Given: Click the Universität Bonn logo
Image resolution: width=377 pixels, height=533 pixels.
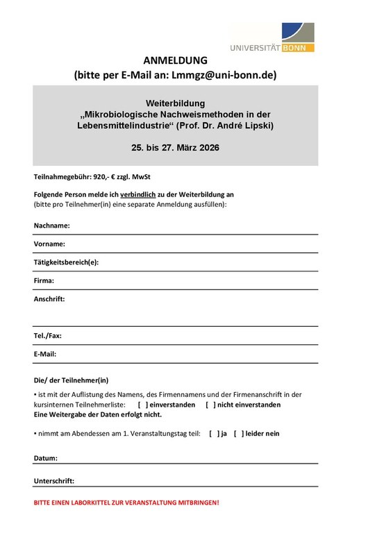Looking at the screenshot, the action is coord(274,37).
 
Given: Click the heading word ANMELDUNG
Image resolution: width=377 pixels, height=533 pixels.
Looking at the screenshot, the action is coord(175,60).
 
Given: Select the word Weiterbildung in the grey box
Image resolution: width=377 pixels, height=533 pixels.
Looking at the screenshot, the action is coord(176,103).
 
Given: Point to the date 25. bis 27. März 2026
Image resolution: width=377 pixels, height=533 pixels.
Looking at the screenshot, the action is coord(175,148).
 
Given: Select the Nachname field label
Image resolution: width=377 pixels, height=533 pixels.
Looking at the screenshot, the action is coord(51,226).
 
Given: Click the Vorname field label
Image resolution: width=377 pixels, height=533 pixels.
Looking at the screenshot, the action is coord(49,244).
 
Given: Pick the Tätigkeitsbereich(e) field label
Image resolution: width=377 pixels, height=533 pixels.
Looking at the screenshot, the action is coord(66,262).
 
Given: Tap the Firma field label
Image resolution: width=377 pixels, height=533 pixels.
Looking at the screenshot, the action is coord(44,280).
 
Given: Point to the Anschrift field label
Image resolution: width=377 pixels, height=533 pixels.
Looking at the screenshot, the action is coord(49,299).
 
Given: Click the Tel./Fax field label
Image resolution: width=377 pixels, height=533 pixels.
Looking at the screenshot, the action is coord(48,335).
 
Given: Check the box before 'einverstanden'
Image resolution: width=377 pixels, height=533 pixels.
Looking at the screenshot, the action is coord(142,405).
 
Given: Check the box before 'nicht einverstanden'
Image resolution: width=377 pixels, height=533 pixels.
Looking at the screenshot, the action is coord(210,405).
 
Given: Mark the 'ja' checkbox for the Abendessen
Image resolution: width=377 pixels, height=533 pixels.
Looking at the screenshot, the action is coord(213,433).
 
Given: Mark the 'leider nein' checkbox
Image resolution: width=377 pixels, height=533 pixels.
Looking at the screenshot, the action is coord(238,433).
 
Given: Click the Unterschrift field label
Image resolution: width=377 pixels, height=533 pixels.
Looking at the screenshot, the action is coord(54,480).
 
